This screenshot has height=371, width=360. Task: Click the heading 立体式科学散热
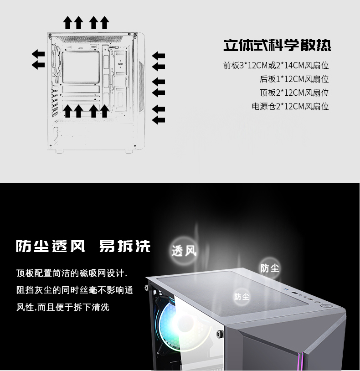point(277,45)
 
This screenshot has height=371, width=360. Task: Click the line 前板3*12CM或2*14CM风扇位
point(276,65)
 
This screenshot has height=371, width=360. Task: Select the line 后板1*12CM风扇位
point(294,79)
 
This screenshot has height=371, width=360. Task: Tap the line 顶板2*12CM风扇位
point(294,93)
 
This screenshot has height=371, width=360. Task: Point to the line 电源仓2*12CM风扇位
point(290,107)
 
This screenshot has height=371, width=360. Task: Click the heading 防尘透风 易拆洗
point(83,246)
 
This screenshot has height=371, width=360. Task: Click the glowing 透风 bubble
point(184,251)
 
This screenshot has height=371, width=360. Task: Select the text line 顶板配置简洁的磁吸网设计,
point(72,273)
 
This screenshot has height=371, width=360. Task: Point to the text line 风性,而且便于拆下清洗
point(63,307)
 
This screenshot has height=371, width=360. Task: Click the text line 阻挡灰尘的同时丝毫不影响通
point(75,290)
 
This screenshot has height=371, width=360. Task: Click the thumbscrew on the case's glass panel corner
point(219,334)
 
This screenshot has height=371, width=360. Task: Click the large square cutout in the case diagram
point(81,67)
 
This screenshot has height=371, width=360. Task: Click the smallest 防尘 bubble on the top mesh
point(242,296)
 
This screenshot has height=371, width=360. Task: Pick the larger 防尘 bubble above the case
point(270,268)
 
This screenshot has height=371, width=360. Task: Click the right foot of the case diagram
point(129,151)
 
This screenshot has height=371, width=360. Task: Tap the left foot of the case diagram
point(59,151)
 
